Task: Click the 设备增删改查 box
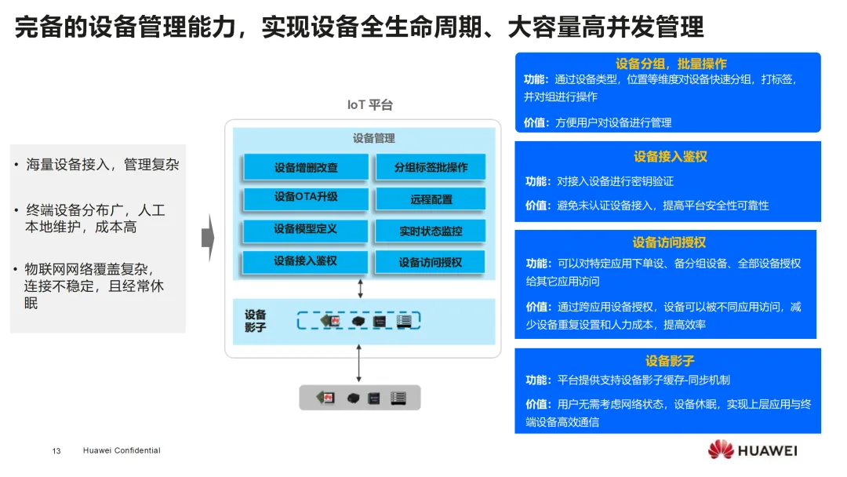coord(306,167)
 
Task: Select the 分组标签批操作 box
coord(431,167)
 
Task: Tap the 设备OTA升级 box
coord(306,198)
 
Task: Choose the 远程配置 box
coord(431,199)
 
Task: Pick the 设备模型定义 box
coord(306,230)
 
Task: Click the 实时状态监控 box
coord(431,231)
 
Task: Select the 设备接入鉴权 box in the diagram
coord(306,261)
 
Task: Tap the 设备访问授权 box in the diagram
coord(431,263)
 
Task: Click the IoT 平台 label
coord(370,105)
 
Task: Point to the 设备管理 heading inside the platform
coord(374,138)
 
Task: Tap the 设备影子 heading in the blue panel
coord(669,361)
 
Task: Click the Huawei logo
coord(752,450)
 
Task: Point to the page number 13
coord(56,451)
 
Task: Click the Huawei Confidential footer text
coord(122,451)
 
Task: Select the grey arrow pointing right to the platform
coord(208,237)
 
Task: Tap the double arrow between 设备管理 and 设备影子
coord(360,288)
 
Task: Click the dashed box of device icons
coord(359,321)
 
